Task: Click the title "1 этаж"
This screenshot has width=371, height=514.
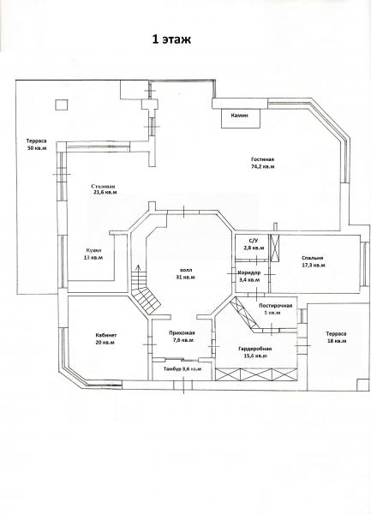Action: (x=171, y=39)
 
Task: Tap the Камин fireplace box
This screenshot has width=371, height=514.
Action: (x=241, y=118)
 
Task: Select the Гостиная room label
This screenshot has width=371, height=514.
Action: (x=262, y=159)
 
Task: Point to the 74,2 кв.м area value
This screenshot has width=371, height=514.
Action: (x=263, y=166)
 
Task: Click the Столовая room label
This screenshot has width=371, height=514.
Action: (x=104, y=186)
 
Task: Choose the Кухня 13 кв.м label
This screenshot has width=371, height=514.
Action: (x=93, y=254)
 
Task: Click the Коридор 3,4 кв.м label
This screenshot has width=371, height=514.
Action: (x=249, y=277)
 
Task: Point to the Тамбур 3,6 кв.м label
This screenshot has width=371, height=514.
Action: (x=183, y=368)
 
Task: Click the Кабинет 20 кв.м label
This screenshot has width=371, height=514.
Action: (x=105, y=338)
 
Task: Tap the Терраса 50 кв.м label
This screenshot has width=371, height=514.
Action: (x=36, y=144)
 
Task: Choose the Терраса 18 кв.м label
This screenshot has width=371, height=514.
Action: (x=336, y=338)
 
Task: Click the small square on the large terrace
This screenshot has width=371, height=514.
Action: (x=62, y=105)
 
